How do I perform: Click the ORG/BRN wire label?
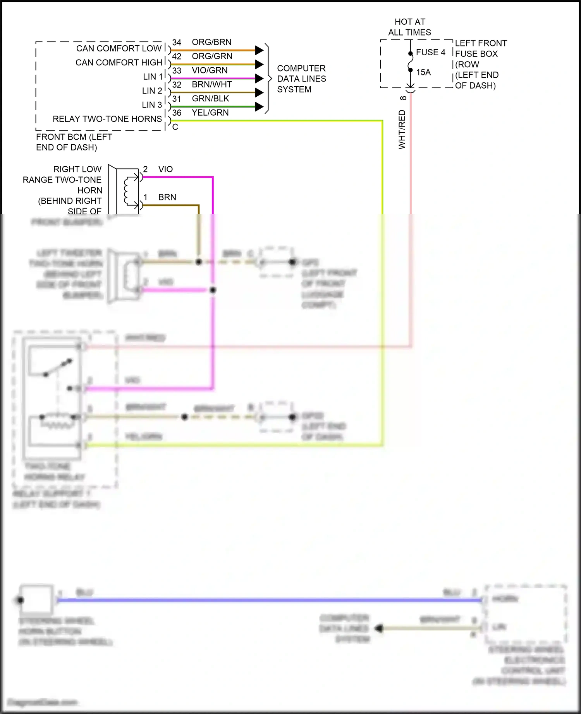pos(211,42)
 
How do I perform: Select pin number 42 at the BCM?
pos(177,56)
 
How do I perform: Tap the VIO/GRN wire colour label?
pos(210,70)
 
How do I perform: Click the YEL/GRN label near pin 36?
pos(210,113)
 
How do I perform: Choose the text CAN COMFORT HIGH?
pos(119,63)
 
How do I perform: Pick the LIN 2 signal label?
pos(152,91)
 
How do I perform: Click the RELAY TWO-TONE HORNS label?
pos(107,119)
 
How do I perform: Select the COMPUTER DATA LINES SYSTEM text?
pos(301,79)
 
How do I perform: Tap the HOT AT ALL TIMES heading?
pos(409,27)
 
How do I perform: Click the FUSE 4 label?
pos(430,52)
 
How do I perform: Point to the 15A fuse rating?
pos(423,72)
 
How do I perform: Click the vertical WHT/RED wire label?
pos(402,129)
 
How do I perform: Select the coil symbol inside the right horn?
pos(127,191)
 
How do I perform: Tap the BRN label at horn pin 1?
pos(167,197)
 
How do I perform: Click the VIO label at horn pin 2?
pos(165,169)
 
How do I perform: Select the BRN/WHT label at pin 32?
pos(211,84)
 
